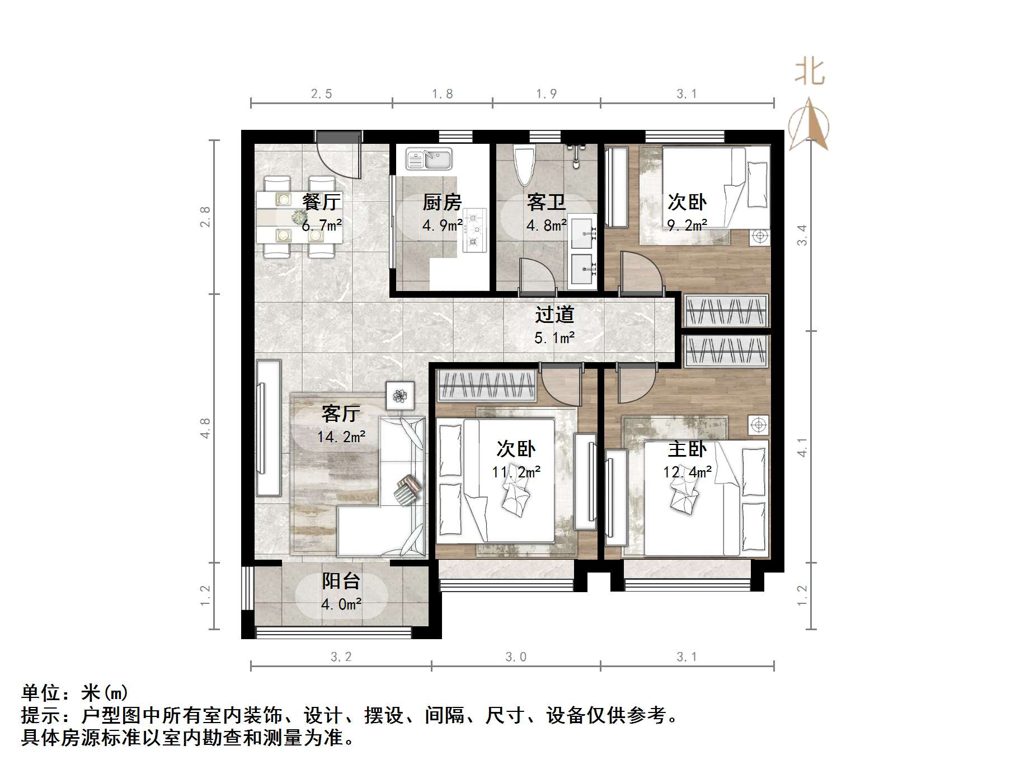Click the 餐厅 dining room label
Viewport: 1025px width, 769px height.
tap(321, 202)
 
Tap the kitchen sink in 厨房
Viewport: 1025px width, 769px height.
tap(429, 159)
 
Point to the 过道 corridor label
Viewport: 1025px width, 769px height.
tap(554, 315)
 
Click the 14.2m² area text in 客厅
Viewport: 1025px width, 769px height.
tap(341, 437)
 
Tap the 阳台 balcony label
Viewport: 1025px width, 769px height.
tap(341, 581)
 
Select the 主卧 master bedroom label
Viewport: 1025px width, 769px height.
tap(687, 449)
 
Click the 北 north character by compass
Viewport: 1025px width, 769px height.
tap(810, 72)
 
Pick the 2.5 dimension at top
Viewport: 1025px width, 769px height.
tap(321, 94)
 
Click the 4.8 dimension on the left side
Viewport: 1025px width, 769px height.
tap(205, 428)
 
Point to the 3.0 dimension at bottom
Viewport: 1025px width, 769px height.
tap(515, 657)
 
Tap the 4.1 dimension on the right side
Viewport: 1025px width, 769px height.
tap(802, 447)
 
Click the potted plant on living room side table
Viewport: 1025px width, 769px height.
tap(399, 396)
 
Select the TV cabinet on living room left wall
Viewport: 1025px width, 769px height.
tap(268, 428)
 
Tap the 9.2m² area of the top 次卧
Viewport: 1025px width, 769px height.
tap(687, 226)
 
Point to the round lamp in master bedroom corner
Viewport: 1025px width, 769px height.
tap(759, 425)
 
